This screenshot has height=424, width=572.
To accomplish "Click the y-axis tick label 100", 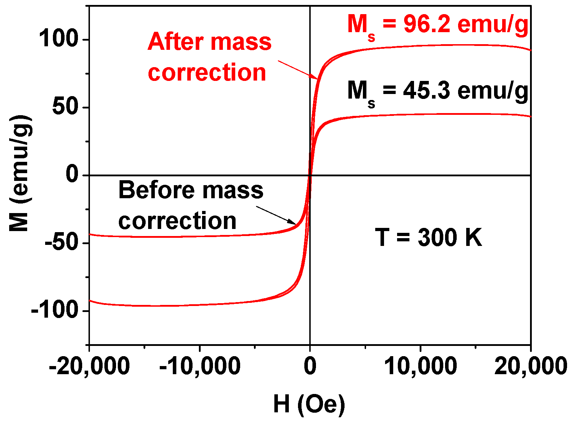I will tap(58, 39).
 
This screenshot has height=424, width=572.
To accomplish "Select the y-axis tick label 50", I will tap(65, 107).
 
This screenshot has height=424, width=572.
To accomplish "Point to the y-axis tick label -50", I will tap(61, 243).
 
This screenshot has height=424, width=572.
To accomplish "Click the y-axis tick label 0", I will tap(73, 175).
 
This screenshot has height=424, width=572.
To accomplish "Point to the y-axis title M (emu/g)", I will tap(20, 173).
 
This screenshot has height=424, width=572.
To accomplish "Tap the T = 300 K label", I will tap(428, 237).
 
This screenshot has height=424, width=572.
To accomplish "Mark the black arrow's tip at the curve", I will tap(296, 224).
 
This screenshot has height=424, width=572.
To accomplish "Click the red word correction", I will tap(207, 73).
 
